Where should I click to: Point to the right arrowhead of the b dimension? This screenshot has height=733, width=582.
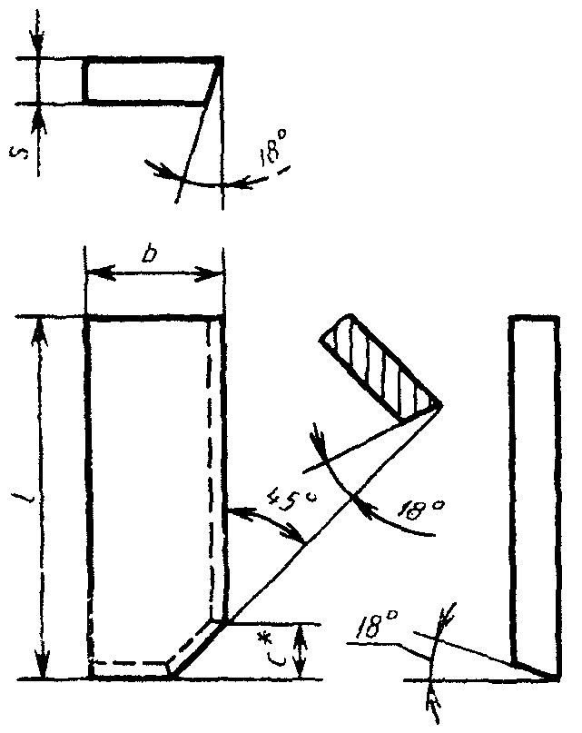coord(216,273)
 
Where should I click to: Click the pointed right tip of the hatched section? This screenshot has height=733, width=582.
coord(440,405)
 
